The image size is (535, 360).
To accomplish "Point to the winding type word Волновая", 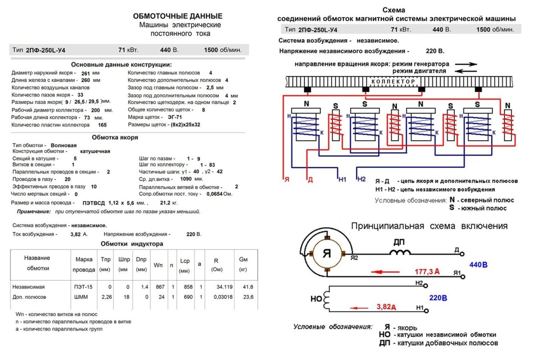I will [63, 145].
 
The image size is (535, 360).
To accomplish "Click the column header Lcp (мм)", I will [185, 265].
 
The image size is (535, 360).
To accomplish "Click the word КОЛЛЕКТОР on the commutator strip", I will [394, 82].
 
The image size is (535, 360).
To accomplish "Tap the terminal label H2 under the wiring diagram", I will [361, 179].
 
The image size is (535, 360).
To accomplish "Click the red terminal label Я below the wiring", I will [286, 180].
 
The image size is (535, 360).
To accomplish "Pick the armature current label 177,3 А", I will [427, 271].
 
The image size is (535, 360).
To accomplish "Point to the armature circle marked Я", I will [327, 254].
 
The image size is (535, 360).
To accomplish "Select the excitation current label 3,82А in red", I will [386, 307].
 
